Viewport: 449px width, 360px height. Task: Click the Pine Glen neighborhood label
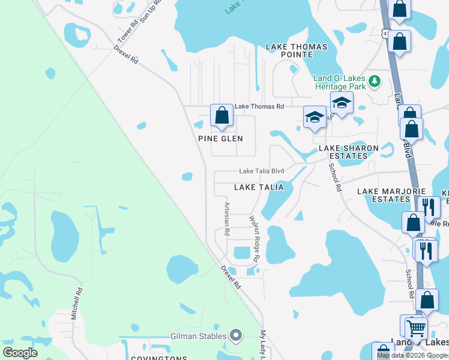221,139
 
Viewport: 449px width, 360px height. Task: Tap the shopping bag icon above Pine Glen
221,116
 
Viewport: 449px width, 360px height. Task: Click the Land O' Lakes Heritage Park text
340,82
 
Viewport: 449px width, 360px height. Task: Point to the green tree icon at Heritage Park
375,80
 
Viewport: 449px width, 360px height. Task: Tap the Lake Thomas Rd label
259,106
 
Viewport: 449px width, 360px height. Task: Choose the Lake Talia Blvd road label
261,170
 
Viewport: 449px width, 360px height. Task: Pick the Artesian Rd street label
226,218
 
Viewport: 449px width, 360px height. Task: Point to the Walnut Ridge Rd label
254,239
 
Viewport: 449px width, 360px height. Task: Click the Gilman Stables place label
199,336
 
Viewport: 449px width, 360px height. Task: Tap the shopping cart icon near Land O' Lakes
415,328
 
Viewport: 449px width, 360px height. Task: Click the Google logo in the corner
20,352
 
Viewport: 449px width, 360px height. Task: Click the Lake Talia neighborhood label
259,187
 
